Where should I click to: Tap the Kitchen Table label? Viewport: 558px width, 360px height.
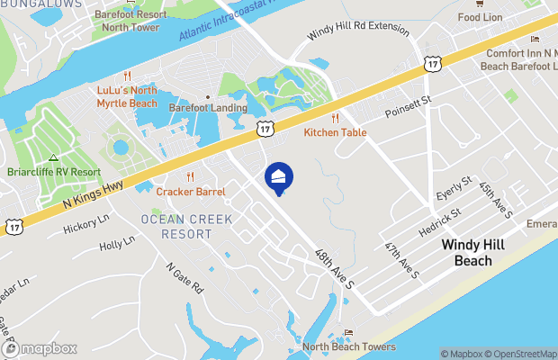tap(335, 132)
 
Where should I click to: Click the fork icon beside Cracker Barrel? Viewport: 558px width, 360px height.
tap(189, 176)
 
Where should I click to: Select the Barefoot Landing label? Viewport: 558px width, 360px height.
tap(208, 108)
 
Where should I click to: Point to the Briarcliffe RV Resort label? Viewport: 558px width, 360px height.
tap(54, 172)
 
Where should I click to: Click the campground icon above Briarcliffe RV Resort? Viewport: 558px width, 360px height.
tap(53, 157)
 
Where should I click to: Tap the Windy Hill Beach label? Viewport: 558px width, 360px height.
tap(466, 252)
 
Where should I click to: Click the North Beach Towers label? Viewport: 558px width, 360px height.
tap(348, 346)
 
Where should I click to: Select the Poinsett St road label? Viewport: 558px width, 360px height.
tap(408, 111)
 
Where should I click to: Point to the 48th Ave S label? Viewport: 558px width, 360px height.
tap(332, 266)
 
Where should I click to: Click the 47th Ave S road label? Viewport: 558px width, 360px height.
tap(401, 259)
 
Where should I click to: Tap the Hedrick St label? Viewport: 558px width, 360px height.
tap(439, 225)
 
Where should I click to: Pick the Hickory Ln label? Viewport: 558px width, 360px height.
tap(85, 224)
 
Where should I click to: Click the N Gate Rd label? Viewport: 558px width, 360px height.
tap(184, 279)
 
